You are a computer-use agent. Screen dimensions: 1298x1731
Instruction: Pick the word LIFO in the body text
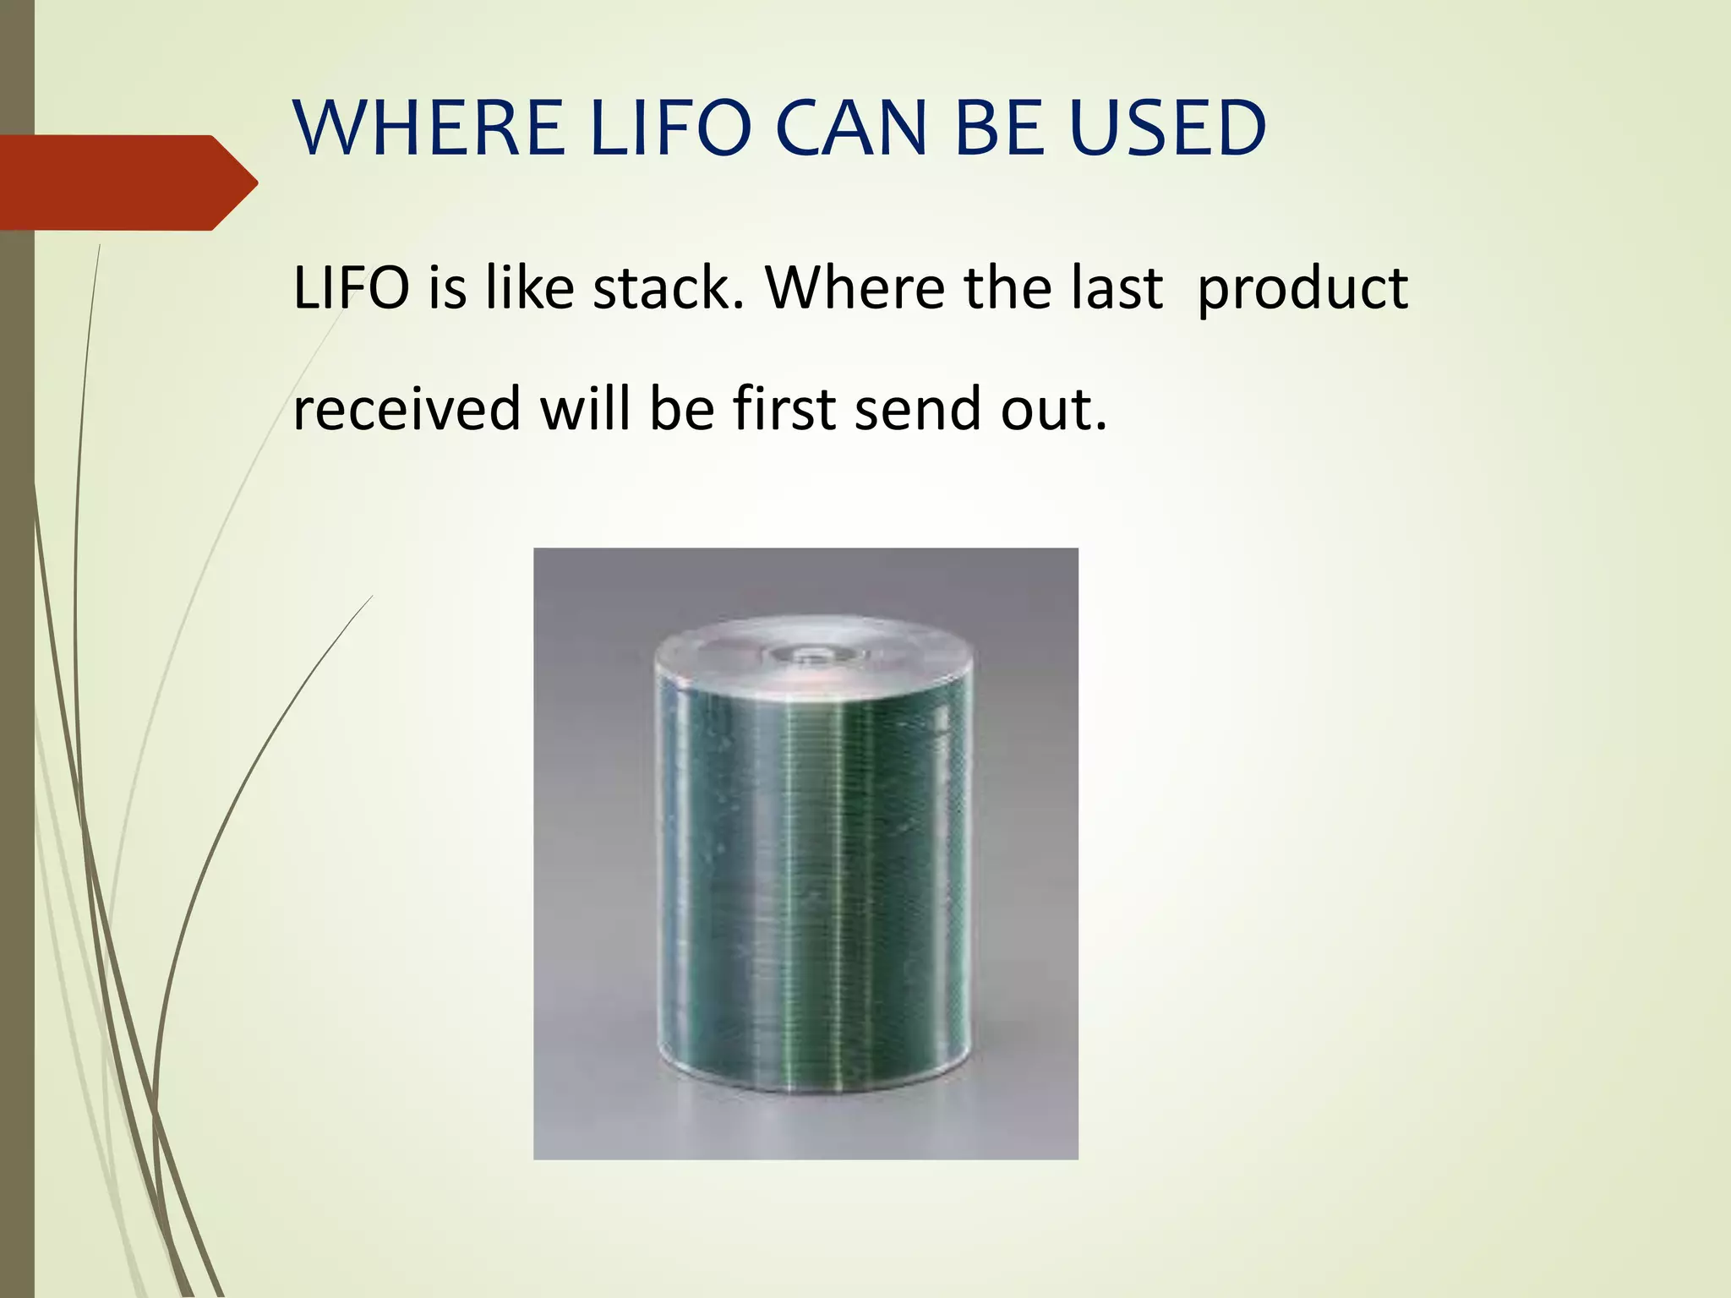(x=351, y=289)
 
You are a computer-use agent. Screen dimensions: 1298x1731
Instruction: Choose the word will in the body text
(x=585, y=408)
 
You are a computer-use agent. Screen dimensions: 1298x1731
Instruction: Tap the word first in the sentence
(x=784, y=408)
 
